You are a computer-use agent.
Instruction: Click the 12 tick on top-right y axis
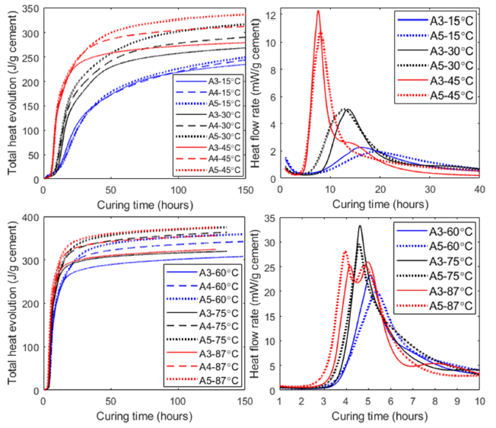click(x=271, y=13)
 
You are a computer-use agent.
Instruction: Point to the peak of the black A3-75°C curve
click(x=360, y=225)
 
